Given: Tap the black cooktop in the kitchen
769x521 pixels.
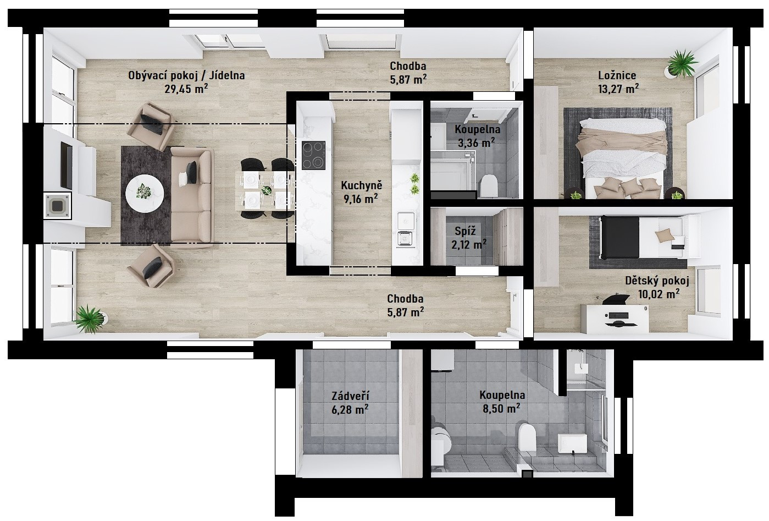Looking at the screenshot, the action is coord(313,155).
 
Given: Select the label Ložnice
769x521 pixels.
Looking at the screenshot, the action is coord(617,75).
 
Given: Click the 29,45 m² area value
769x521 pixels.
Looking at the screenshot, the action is coord(186,89).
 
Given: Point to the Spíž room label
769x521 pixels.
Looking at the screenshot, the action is coord(465,231).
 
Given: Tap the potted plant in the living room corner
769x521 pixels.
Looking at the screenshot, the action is coord(90,318).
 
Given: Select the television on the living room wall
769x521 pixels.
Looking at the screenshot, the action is coord(67,165).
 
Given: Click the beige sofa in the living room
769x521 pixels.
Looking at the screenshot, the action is coord(192,198).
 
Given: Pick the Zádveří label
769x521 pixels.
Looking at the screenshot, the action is coord(350,396).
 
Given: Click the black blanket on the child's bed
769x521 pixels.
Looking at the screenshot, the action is coord(619,237).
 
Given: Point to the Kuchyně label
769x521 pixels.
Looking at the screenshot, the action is coord(362,185).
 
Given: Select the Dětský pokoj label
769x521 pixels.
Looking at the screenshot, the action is coord(657,281).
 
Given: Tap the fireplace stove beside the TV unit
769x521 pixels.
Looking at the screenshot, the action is coord(57,206).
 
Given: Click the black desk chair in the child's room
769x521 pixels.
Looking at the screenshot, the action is coord(616,299).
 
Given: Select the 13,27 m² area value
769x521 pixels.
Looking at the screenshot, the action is coord(618,89).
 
